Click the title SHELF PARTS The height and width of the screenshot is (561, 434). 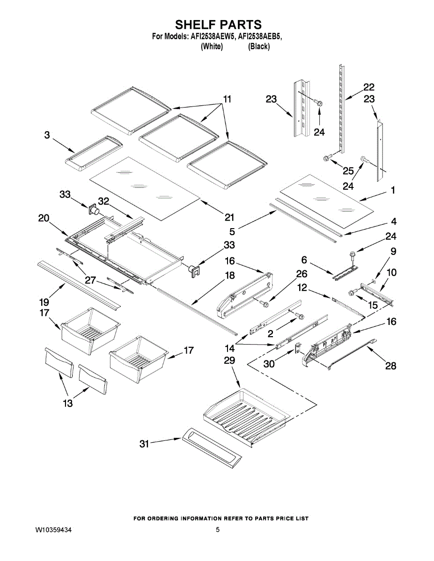click(x=218, y=24)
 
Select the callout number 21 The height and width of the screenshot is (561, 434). click(x=229, y=217)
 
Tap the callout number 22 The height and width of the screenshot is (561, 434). click(x=369, y=87)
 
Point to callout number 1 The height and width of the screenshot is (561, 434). click(x=393, y=190)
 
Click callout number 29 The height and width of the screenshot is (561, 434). click(x=229, y=360)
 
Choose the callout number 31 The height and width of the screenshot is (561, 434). click(x=144, y=444)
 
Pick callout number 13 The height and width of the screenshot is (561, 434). click(x=68, y=403)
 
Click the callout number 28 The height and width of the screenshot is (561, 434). click(x=390, y=366)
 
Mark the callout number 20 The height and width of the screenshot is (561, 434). click(x=44, y=217)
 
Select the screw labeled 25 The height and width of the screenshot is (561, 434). click(x=326, y=158)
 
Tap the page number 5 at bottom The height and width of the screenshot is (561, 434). click(x=218, y=530)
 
